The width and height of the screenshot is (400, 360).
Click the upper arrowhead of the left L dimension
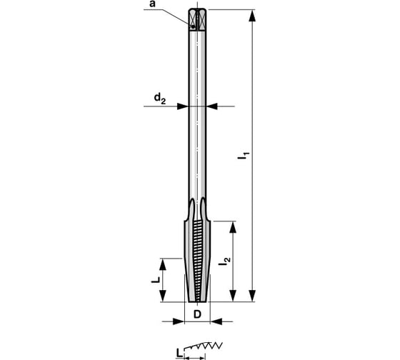166,262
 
